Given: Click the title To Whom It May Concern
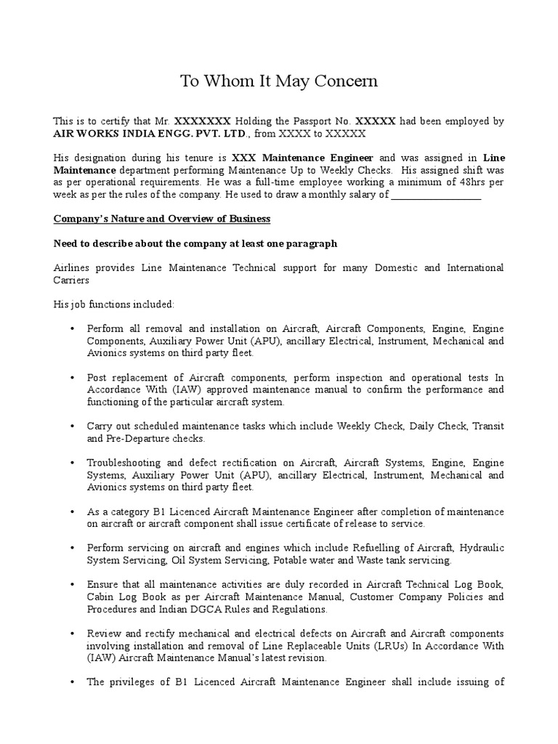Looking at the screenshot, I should coord(279,81).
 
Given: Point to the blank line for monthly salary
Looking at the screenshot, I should coord(436,195).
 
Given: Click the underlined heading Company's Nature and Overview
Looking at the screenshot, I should coord(162,219).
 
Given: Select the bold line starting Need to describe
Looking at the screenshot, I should coord(195,243).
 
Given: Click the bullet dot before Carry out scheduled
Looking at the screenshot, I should coord(73,426).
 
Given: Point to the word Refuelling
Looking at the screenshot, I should coord(406,547).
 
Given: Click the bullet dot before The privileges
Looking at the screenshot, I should coord(73,682).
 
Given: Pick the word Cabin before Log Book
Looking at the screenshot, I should coord(100,597).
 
